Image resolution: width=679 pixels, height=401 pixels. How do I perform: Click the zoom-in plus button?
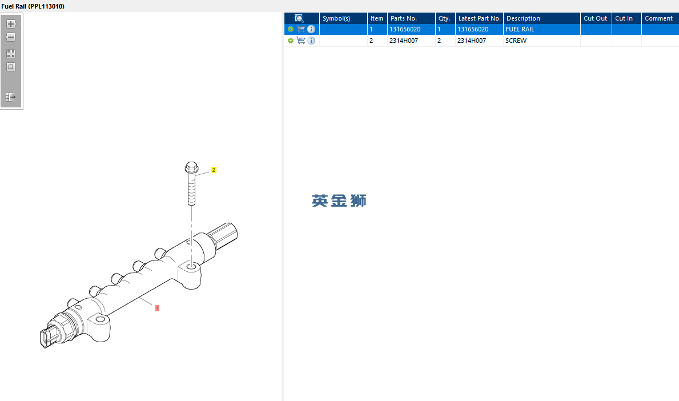coord(11,24)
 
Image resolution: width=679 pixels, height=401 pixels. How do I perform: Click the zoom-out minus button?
coord(11,37)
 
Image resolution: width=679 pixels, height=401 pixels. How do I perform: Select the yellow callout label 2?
coord(214,170)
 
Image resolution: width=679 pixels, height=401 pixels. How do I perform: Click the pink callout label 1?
coord(157,308)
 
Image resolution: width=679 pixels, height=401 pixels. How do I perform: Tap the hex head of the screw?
coord(191,167)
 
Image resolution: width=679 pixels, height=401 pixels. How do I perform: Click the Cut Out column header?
coord(596,18)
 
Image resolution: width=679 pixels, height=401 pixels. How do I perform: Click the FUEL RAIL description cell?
coord(520,30)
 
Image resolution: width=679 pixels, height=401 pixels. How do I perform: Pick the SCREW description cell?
coord(516,41)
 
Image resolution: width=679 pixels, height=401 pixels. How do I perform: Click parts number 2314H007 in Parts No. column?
coord(404,41)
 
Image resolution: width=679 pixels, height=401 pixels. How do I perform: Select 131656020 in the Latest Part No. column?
coord(473,30)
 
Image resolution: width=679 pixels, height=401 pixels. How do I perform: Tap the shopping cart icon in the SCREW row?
coord(301,41)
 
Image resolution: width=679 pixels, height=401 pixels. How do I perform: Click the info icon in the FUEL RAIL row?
coord(311,29)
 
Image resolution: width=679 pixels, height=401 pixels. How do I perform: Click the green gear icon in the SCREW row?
coord(291,41)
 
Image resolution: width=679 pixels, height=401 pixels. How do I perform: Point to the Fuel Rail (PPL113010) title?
coord(33,6)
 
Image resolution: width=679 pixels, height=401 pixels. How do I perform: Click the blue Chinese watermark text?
coord(339,201)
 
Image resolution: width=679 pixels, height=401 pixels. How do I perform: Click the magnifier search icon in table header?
coord(299,18)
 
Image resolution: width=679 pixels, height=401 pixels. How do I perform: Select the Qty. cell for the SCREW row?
coord(445,41)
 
